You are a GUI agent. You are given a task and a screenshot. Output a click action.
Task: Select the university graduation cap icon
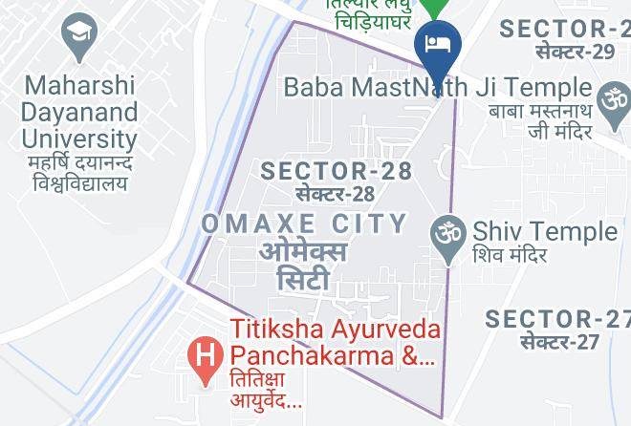[78, 36]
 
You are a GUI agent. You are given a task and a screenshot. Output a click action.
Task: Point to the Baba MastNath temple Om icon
[613, 98]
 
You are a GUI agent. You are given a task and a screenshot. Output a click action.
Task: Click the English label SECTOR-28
[336, 171]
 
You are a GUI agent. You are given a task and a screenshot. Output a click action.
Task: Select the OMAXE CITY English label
[304, 224]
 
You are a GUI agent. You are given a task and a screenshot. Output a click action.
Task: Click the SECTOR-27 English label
[556, 319]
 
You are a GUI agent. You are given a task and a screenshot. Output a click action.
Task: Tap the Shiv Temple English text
[545, 231]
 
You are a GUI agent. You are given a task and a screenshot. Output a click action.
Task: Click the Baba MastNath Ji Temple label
[438, 87]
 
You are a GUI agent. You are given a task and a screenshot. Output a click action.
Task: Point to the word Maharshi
[80, 86]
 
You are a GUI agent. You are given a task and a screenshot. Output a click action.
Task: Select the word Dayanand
[80, 112]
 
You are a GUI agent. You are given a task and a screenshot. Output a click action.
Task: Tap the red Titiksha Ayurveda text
[336, 330]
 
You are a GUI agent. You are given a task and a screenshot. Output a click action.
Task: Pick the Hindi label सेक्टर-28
[335, 194]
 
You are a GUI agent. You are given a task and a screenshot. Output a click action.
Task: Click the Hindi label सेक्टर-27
[559, 341]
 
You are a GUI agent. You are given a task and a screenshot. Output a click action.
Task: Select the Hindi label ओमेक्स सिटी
[303, 266]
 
